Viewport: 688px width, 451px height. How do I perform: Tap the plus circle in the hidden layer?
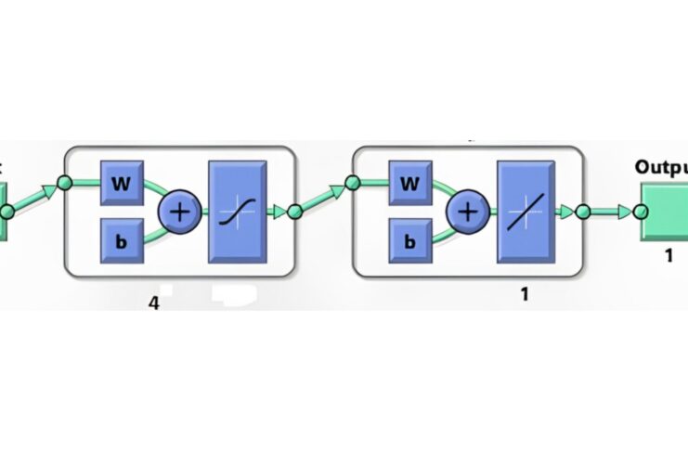pos(180,212)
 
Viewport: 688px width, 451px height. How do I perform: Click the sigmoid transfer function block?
pos(238,212)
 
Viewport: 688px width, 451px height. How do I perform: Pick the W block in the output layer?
pos(409,184)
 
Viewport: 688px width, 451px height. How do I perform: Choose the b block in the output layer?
pos(409,240)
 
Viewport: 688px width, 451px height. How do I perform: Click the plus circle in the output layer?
pos(469,212)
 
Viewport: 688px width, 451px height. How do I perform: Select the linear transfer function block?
pos(526,212)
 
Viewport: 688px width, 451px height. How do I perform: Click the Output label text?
pos(661,167)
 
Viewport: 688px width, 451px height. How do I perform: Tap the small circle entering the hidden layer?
pos(65,183)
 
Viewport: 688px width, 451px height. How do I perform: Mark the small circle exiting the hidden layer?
pos(294,212)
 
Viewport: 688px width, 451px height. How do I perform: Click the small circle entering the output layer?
pos(354,183)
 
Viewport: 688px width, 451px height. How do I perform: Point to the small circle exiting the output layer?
pos(583,212)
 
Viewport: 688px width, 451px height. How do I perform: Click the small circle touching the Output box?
pos(641,212)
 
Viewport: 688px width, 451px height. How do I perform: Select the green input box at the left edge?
pos(5,212)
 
